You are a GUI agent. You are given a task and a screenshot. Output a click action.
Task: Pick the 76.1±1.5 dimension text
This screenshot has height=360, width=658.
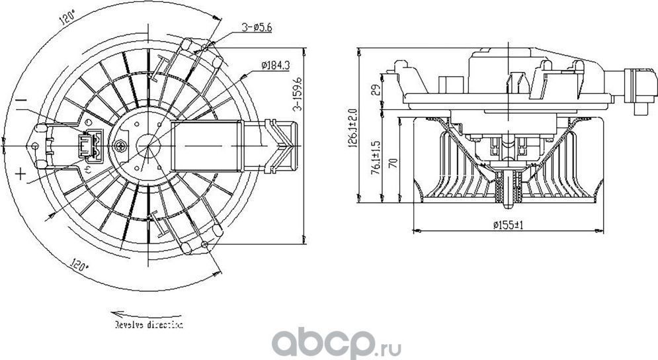coord(375,157)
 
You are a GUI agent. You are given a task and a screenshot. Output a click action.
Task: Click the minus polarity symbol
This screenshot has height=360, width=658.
coord(21,101)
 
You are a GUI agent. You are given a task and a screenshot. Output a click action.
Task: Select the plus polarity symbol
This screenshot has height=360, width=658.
coord(21,174)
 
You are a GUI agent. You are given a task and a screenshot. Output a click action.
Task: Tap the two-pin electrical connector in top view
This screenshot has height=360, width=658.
coord(90,145)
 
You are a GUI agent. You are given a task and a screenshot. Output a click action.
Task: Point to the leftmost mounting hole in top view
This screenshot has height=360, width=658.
coord(34,145)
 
